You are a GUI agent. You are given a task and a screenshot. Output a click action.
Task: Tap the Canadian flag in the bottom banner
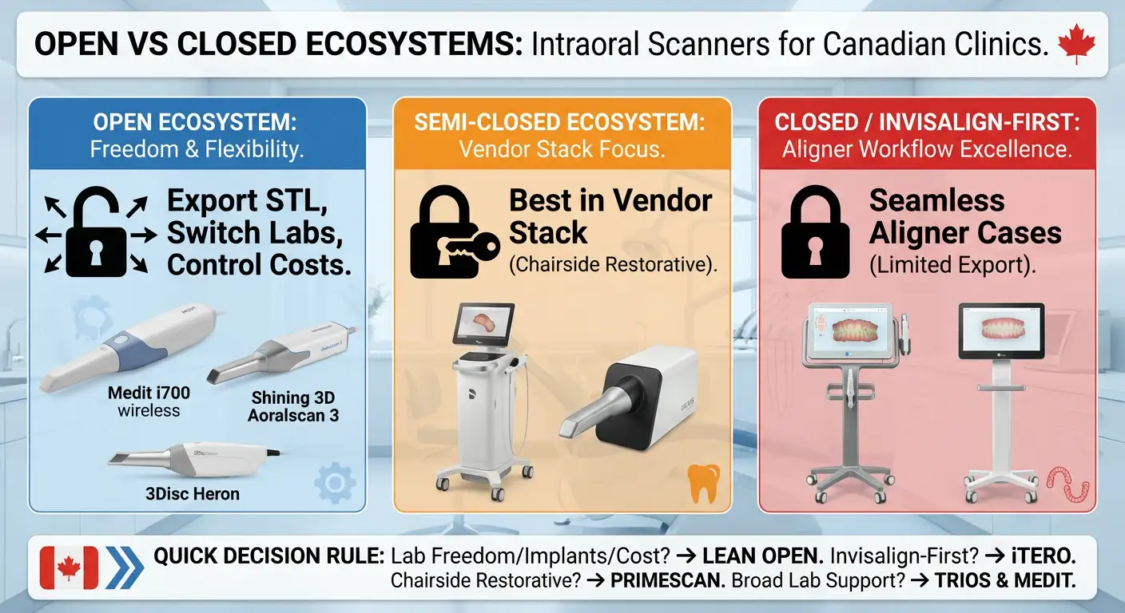point(69,568)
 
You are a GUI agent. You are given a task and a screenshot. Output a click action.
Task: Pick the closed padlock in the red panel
point(813,235)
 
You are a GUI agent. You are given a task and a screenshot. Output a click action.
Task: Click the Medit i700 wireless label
point(149,401)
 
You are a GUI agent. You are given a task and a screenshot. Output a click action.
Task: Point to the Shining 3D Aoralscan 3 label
point(292,405)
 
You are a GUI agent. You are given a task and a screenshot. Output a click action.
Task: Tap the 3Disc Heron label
point(193,493)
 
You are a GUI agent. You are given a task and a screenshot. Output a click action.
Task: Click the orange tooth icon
point(703,484)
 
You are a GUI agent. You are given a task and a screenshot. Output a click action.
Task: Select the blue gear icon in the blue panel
point(335,483)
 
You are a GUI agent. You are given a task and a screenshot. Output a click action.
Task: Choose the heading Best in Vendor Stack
point(610,216)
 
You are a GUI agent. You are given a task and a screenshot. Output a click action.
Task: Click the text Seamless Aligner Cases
point(965,216)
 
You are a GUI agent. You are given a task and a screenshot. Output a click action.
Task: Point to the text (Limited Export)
point(952,266)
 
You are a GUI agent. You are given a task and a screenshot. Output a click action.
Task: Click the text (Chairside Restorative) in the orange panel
point(613,266)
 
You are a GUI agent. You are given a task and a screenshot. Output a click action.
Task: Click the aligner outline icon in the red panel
point(1067,484)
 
